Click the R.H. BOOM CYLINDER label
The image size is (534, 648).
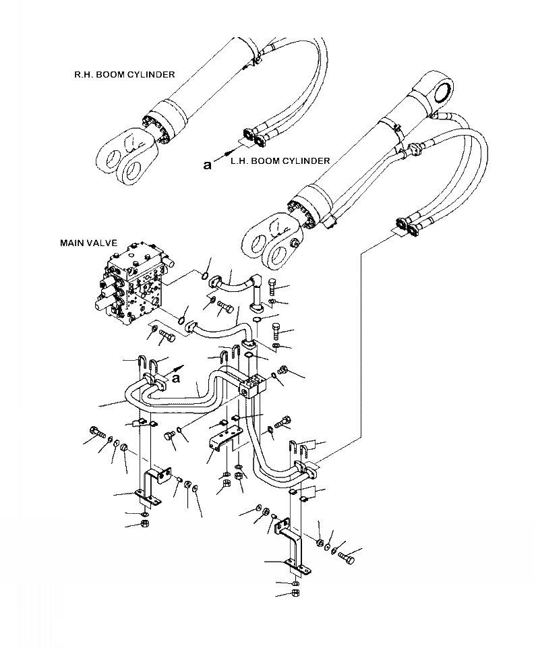(x=125, y=74)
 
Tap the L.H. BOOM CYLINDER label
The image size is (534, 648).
(x=280, y=160)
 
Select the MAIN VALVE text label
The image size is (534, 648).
(x=88, y=243)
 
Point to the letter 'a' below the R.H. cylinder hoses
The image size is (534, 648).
(x=208, y=165)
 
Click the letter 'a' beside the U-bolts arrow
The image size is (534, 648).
(x=177, y=378)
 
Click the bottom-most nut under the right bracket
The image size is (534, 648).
(x=295, y=593)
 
